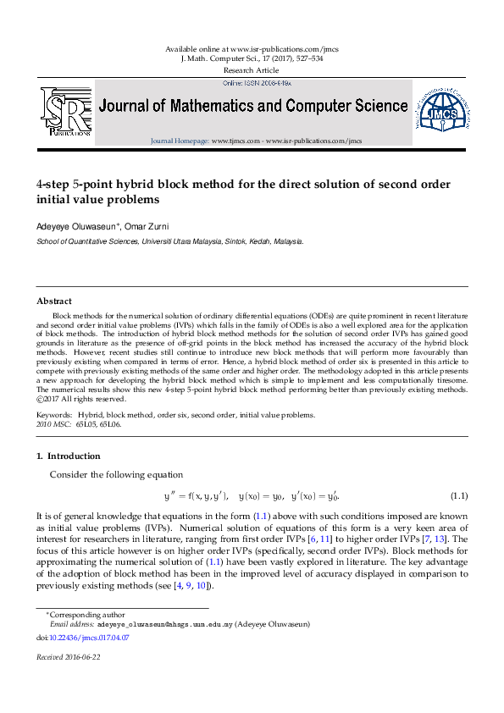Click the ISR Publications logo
point(66,111)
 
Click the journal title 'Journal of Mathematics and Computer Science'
point(253,107)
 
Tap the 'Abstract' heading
point(54,301)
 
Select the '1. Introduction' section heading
point(69,456)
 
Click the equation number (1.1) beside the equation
point(459,495)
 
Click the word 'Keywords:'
point(54,415)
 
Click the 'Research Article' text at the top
point(252,70)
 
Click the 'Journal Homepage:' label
point(180,141)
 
